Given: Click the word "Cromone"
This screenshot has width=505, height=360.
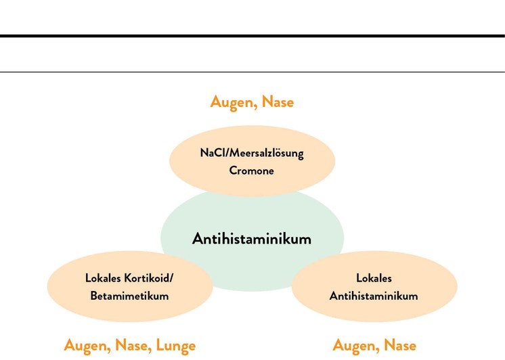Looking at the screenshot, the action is coord(252,171).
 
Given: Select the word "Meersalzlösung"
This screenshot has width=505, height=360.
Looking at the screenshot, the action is coord(266,154).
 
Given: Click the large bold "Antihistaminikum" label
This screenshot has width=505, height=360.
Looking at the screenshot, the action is coord(252,239).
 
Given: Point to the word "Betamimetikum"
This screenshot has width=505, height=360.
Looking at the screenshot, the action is coord(129,296).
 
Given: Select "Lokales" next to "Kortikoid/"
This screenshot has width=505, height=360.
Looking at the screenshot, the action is coord(103,278).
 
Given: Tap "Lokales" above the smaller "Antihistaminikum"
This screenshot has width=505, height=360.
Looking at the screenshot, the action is coord(374,278).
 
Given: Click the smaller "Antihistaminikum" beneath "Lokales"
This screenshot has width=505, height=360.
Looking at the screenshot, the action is coord(374,296).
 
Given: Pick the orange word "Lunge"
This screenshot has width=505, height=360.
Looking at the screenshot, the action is coord(176,346).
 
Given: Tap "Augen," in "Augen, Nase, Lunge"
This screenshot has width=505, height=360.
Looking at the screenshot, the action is coord(87,346).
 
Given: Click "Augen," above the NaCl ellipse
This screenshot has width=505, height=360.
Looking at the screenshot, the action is coord(234,102).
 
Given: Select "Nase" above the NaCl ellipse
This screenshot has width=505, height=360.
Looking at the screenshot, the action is coord(278,102).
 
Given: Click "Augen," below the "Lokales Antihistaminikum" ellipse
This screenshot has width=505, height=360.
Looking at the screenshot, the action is coord(356,346).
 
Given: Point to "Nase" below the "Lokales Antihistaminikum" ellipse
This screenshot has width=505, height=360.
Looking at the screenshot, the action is coord(400,345).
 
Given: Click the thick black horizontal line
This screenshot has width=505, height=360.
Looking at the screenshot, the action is coord(252,36).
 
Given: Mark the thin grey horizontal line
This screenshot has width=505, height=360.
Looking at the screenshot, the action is coord(252,72).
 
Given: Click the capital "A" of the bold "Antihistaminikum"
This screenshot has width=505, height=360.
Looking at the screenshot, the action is coord(198,239).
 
